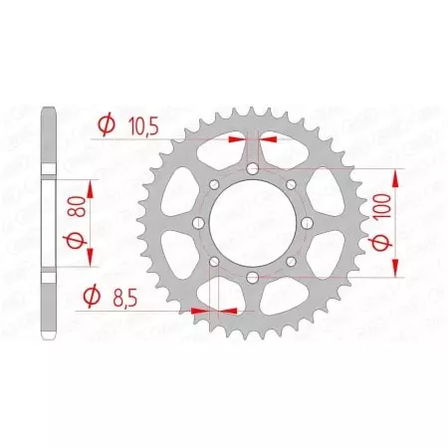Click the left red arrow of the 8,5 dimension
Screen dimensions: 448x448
pyautogui.click(x=201, y=311)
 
